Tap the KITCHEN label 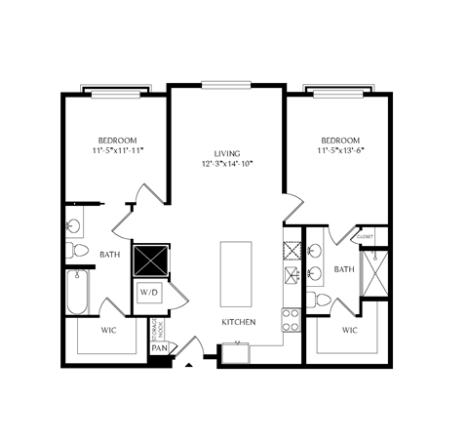pyautogui.click(x=238, y=322)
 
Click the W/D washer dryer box pyautogui.click(x=148, y=292)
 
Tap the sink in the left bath pyautogui.click(x=74, y=226)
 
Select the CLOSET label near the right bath pyautogui.click(x=366, y=236)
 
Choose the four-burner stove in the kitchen pyautogui.click(x=290, y=317)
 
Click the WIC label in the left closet pyautogui.click(x=110, y=330)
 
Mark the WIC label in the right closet pyautogui.click(x=349, y=330)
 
